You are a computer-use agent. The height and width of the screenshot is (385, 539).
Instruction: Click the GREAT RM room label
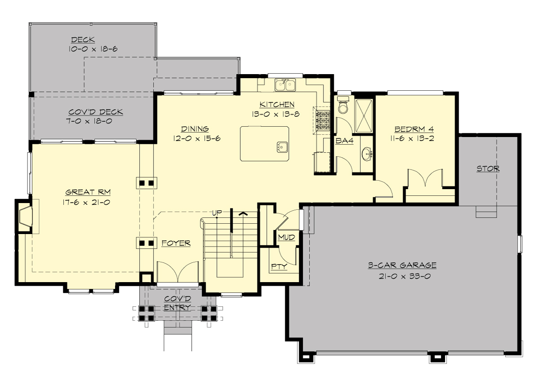tap(88, 192)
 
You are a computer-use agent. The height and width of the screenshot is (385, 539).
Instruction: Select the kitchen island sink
tap(282, 146)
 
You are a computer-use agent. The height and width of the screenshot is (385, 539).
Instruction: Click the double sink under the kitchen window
tap(285, 84)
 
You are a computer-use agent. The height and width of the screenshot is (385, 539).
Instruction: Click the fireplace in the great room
tap(25, 217)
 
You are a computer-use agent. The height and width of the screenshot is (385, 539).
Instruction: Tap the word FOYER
tap(176, 243)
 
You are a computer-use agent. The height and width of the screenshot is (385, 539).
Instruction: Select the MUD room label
tap(287, 237)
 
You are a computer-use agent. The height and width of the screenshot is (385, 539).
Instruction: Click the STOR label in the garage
tap(488, 169)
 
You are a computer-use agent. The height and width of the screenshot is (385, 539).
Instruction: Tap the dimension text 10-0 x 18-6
tap(93, 49)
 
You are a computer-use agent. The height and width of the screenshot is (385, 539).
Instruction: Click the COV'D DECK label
tap(95, 112)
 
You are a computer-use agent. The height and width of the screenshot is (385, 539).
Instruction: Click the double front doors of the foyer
tap(178, 273)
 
